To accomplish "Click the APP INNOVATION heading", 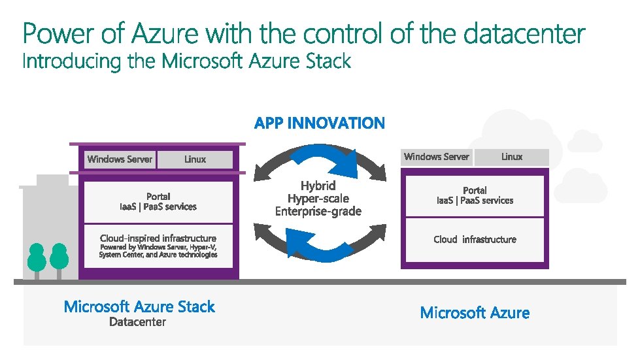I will point(320,123).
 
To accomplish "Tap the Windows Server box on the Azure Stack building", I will point(120,159).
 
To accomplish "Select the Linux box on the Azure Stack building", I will point(195,159).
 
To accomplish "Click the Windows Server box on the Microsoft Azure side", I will point(436,157).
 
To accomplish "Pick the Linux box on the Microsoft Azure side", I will point(512,157).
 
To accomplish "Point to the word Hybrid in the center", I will point(318,186).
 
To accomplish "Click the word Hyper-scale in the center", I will point(318,199).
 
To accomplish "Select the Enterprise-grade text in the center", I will point(318,212).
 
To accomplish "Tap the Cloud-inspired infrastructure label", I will point(158,238).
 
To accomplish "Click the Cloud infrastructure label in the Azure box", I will point(475,240).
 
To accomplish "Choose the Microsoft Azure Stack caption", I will point(139,306).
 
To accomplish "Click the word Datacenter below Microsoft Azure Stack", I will point(137,322).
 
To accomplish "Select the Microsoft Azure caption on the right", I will point(475,313).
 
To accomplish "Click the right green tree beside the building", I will point(59,257).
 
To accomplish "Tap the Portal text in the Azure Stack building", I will point(158,196).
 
